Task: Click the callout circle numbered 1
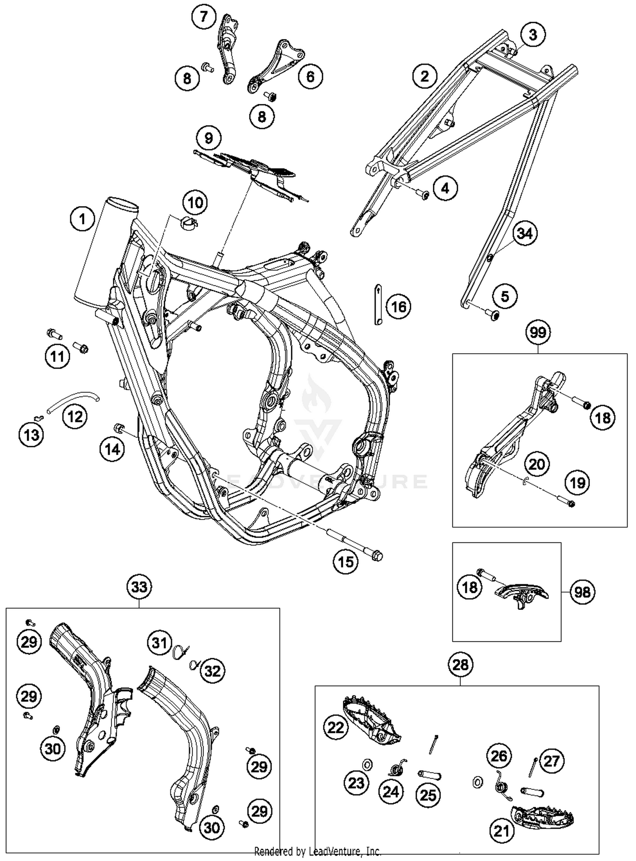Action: point(82,219)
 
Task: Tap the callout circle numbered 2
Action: point(424,76)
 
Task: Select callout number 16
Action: point(399,306)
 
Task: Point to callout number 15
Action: point(346,562)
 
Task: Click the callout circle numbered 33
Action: point(139,587)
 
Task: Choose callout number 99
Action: point(538,332)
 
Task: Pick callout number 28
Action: point(460,665)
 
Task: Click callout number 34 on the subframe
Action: point(524,233)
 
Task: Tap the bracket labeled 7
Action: point(227,49)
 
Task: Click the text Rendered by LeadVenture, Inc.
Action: point(318,851)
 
